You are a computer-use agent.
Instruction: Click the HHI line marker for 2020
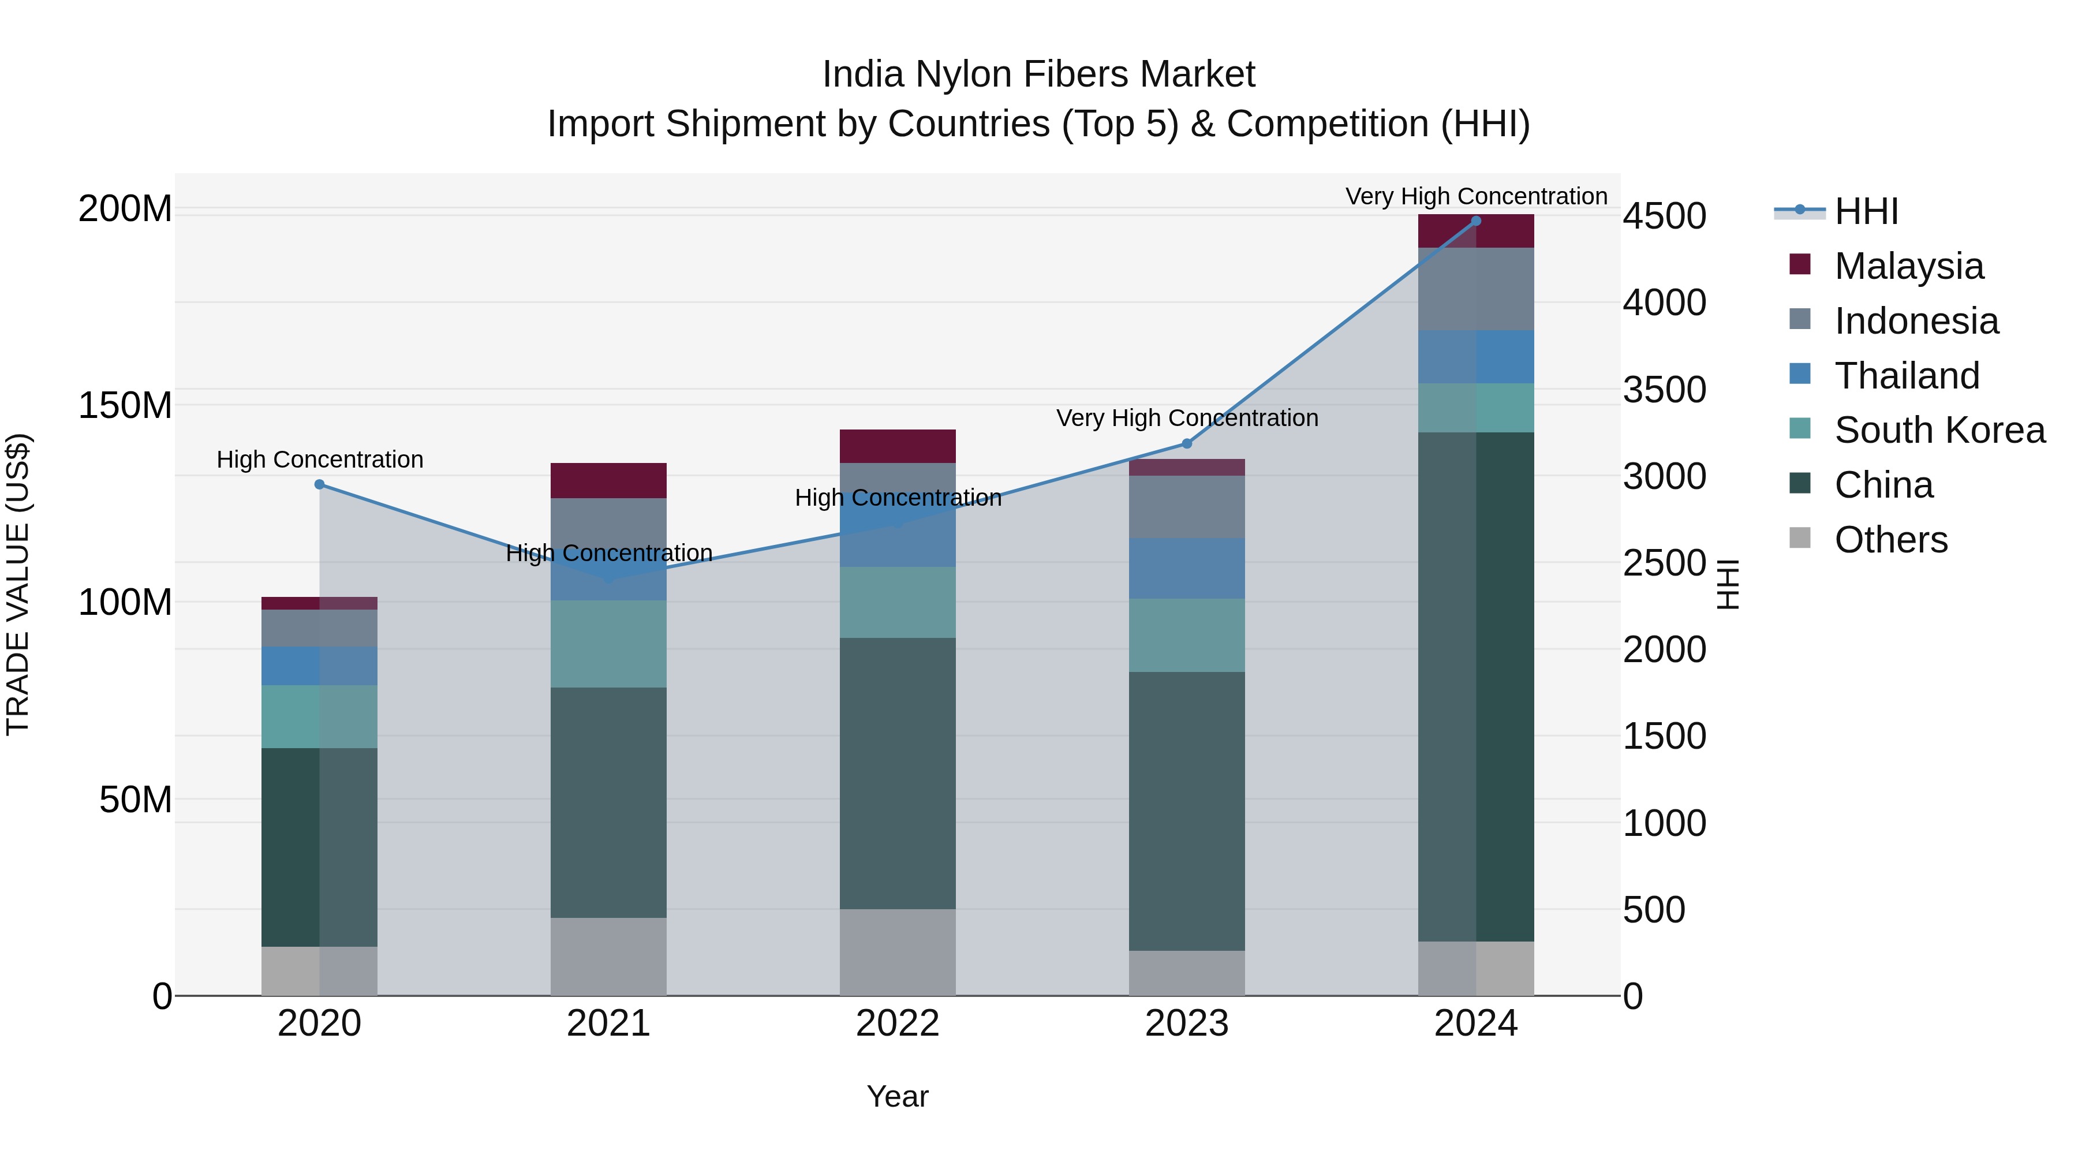tap(319, 485)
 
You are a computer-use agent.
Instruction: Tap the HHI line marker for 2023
tap(1187, 444)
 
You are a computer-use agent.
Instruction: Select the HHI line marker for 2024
tap(1475, 221)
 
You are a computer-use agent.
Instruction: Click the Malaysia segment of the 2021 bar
tap(608, 481)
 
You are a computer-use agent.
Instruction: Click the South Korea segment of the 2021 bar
tap(608, 644)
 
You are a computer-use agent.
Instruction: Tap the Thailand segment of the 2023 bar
tap(1187, 568)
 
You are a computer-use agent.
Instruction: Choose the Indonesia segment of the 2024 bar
tap(1475, 289)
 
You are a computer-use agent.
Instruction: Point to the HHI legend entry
tap(1865, 211)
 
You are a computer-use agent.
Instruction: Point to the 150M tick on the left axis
tap(125, 405)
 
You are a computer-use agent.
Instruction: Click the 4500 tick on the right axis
tap(1664, 216)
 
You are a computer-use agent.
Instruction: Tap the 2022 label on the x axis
tap(897, 1024)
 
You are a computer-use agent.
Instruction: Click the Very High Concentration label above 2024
tap(1475, 196)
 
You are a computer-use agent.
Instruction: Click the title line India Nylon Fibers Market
tap(1038, 74)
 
